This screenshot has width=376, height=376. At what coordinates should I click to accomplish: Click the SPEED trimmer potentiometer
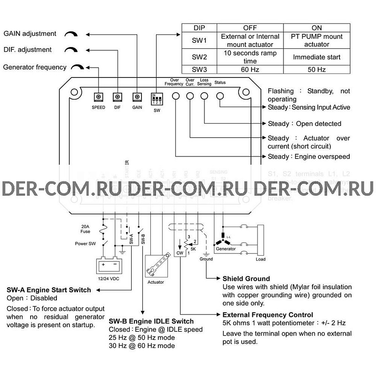coord(99,97)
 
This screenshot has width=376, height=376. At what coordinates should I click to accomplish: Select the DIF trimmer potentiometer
coord(117,97)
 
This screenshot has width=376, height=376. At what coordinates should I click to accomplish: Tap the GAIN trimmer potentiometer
coord(137,97)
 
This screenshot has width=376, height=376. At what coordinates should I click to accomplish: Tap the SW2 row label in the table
coord(200,57)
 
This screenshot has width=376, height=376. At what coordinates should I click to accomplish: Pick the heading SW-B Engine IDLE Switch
coord(151,321)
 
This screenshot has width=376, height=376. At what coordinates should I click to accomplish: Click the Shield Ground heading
coord(246,279)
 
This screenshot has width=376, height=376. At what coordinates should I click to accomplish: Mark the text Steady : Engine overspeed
coord(308,157)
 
